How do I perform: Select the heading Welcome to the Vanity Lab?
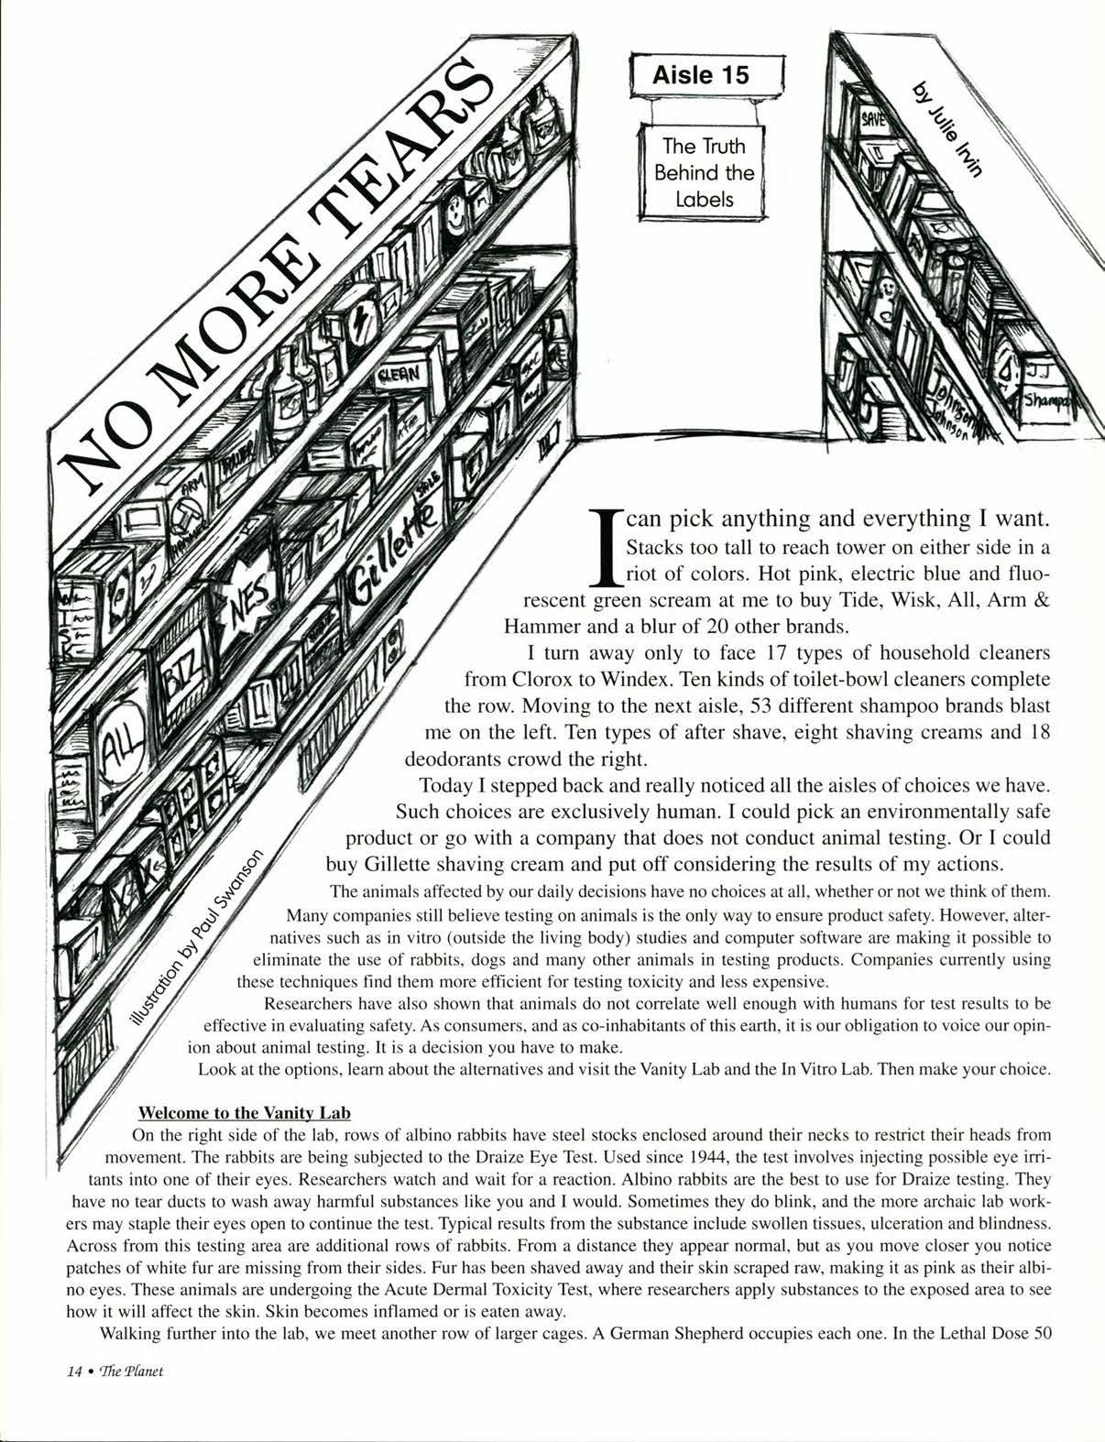[244, 1113]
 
